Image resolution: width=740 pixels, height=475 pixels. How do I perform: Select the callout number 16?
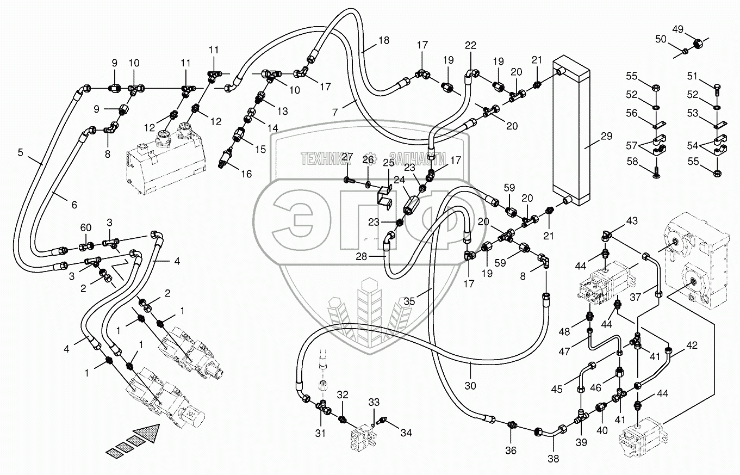click(x=246, y=174)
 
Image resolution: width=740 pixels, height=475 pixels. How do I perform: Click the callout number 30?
click(x=470, y=386)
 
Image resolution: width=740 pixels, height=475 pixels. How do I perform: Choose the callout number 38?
click(x=554, y=458)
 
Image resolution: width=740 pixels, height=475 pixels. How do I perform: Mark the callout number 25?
click(x=388, y=163)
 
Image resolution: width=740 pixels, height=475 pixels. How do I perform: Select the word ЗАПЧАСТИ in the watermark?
click(x=418, y=158)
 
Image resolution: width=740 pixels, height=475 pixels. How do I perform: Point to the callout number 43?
click(x=632, y=221)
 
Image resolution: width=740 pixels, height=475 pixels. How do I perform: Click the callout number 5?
click(x=21, y=153)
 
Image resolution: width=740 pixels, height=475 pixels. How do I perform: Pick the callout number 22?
click(x=470, y=45)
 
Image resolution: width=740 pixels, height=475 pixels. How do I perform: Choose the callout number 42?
click(x=691, y=344)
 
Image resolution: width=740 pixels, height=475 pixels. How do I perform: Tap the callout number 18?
click(x=384, y=40)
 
